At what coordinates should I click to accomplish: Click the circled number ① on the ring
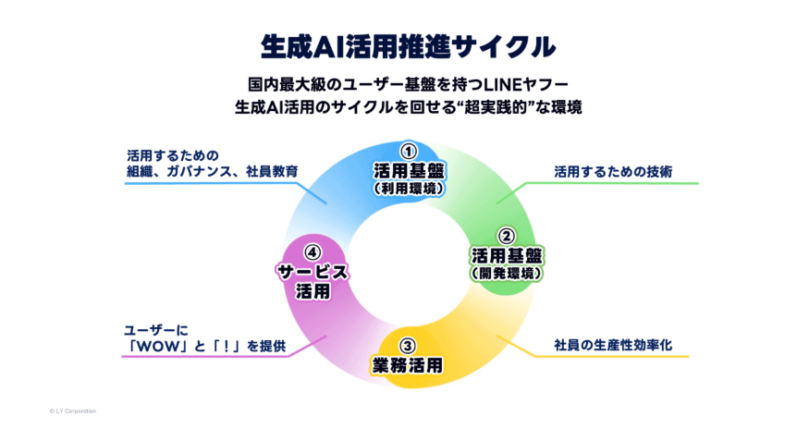pyautogui.click(x=408, y=151)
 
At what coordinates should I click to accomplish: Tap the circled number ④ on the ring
pyautogui.click(x=313, y=251)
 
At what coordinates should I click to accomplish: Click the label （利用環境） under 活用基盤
pyautogui.click(x=408, y=189)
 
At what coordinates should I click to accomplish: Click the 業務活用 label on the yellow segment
pyautogui.click(x=408, y=363)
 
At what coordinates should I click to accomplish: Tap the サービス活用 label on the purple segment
pyautogui.click(x=313, y=281)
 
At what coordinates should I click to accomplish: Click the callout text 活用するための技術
pyautogui.click(x=612, y=172)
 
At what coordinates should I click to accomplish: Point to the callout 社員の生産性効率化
pyautogui.click(x=612, y=345)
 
